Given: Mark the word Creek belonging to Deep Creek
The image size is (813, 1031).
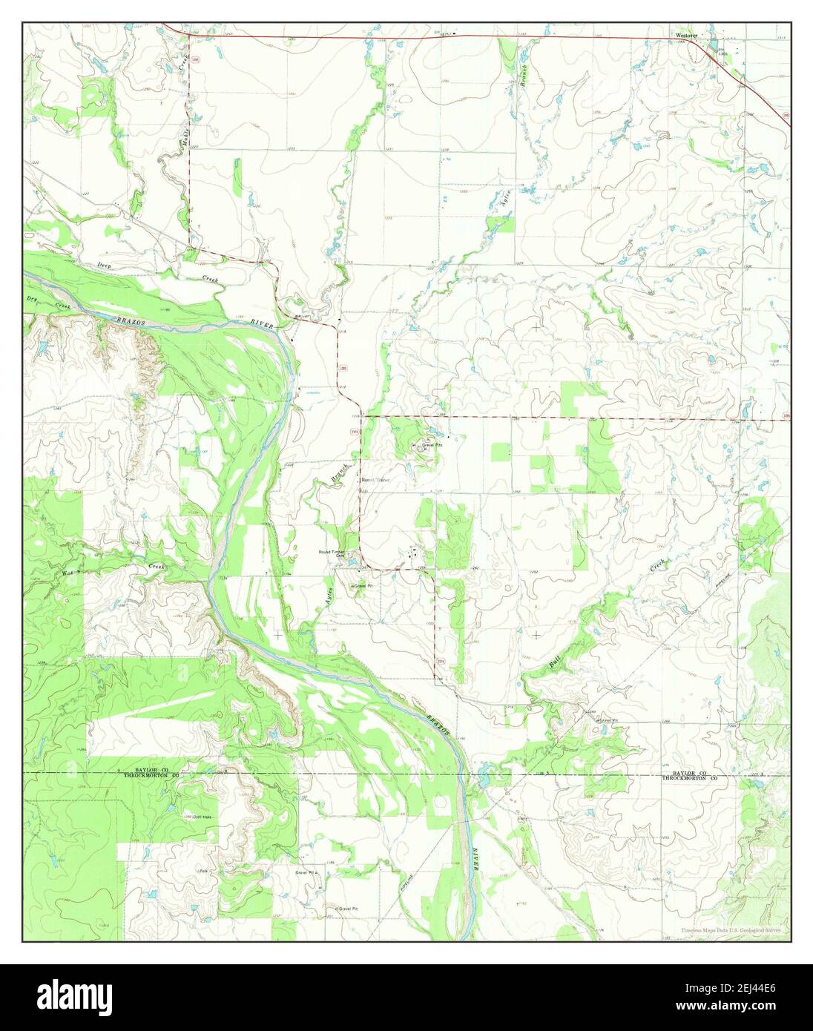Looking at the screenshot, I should pyautogui.click(x=211, y=279).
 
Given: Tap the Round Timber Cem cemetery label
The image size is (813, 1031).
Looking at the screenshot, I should pyautogui.click(x=333, y=553).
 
